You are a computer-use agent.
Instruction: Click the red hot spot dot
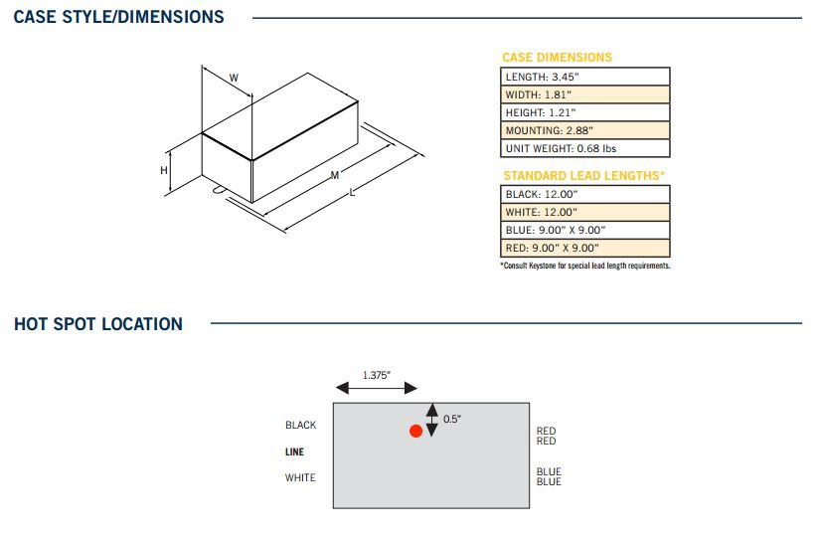pos(415,431)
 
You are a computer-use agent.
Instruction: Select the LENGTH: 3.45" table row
pos(584,77)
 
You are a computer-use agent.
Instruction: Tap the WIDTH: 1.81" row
pos(584,94)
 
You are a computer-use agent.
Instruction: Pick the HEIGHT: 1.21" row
pos(584,112)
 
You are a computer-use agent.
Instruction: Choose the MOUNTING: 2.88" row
pos(584,130)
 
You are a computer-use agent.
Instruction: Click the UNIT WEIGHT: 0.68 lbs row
pos(584,148)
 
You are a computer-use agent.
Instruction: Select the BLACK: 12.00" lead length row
pos(584,194)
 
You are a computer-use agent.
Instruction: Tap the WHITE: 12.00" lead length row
pos(584,212)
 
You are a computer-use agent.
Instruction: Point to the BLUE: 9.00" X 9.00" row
pos(584,230)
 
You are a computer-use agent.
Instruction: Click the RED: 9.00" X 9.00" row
pos(584,248)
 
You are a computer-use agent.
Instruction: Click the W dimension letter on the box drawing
pos(234,78)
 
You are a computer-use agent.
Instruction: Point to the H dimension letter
pos(164,170)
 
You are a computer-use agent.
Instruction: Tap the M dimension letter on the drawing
pos(335,175)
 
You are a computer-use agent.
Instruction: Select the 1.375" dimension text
pos(376,375)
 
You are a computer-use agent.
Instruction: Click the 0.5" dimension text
pos(452,419)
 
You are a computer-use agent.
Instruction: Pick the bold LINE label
pos(294,451)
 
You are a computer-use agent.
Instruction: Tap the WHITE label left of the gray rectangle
pos(300,477)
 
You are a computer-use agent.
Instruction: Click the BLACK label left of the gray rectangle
pos(300,425)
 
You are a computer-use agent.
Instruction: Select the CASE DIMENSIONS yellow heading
pos(557,57)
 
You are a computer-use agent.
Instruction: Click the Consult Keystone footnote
pos(584,266)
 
